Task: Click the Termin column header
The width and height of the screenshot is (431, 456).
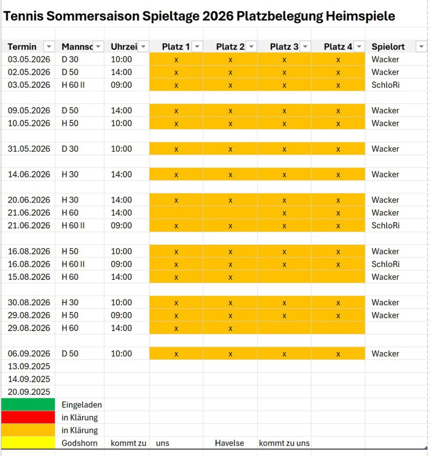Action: pos(22,47)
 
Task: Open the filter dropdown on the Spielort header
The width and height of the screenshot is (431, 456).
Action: pos(421,47)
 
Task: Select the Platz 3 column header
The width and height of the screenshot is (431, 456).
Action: pos(284,47)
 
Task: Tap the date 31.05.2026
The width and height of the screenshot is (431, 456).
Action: pos(29,149)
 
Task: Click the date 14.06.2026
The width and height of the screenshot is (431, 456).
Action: pos(29,175)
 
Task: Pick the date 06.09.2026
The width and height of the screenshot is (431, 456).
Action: pos(29,354)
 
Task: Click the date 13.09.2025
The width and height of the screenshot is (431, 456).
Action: pos(29,367)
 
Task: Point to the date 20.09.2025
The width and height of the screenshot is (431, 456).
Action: pos(29,392)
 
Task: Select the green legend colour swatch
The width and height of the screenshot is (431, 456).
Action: pos(28,405)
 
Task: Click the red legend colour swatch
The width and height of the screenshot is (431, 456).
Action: pos(28,417)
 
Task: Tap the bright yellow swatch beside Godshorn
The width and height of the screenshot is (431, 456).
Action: pos(28,443)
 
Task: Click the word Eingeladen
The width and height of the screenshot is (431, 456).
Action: pos(81,405)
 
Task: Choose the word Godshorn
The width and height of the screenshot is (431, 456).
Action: pos(79,443)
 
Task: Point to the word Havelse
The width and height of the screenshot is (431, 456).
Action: pos(229,443)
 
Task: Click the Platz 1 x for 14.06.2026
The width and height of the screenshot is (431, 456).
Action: pos(176,175)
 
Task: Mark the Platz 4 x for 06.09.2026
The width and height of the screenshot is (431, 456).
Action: pos(338,354)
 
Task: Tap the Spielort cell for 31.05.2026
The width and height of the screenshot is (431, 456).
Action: pos(385,149)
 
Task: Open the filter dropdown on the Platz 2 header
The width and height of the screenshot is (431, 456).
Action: pos(251,47)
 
